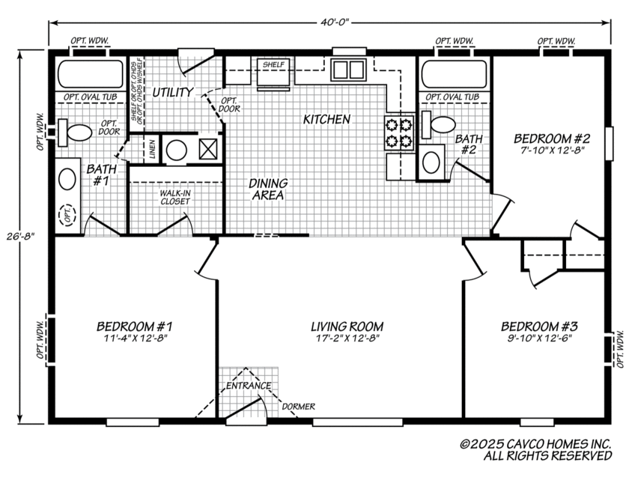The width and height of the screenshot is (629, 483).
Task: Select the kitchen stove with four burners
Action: coord(399,133)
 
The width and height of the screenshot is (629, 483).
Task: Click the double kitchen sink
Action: coord(346,70)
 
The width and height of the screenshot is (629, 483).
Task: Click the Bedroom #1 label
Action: coord(135,326)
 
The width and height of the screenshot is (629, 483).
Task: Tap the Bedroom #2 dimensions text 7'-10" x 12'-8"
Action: coord(553,151)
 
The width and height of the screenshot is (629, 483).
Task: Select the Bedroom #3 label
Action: coord(538,326)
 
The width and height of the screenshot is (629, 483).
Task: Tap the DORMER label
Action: coord(298,407)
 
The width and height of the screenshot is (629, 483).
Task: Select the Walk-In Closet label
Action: coord(176,197)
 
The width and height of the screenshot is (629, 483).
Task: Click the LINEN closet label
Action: coord(153,149)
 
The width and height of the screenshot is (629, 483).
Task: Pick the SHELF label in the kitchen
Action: coord(273,64)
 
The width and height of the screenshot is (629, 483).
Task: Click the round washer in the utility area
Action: coord(176,149)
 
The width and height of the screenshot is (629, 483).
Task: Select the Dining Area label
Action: coord(266,189)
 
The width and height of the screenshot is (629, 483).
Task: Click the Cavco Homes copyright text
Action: coord(535,449)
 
